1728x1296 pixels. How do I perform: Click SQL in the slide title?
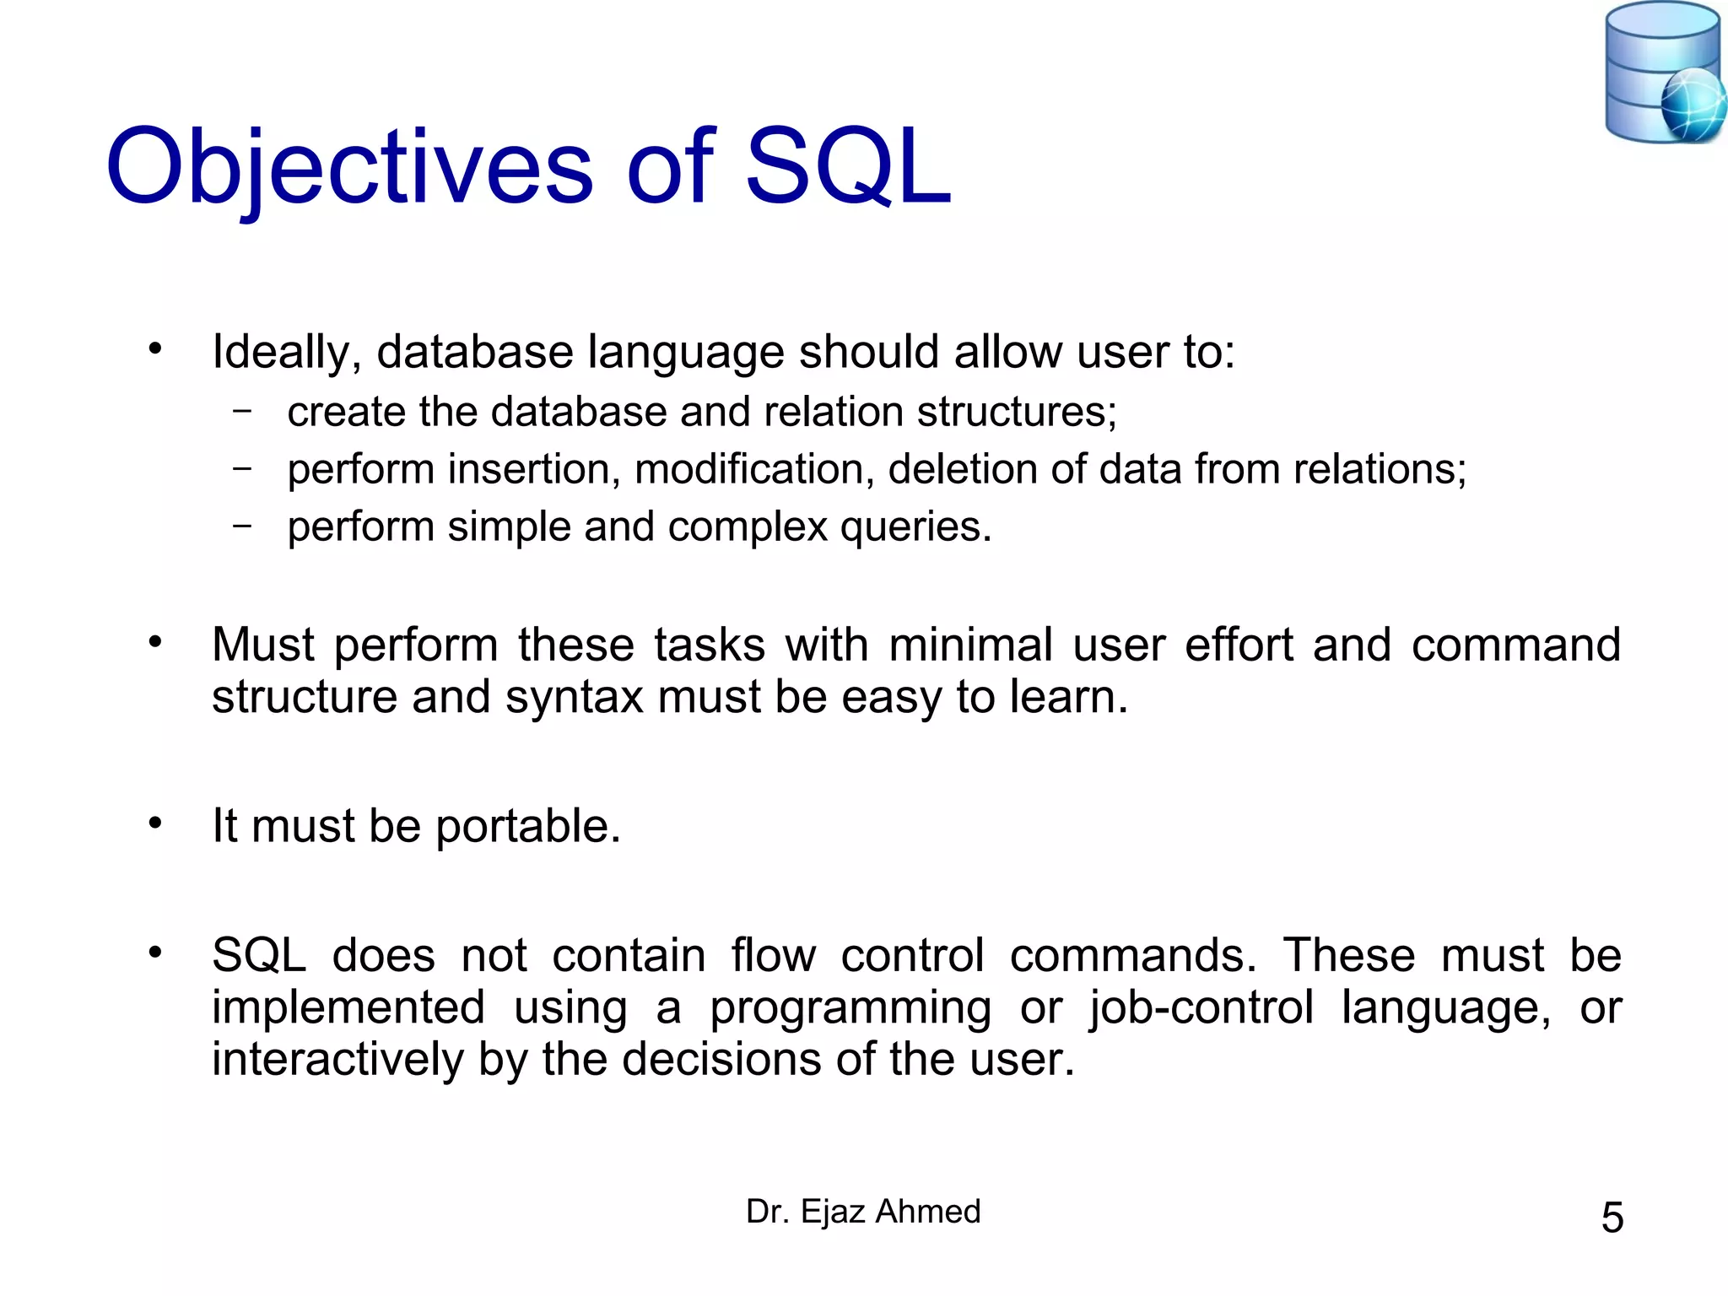(x=847, y=168)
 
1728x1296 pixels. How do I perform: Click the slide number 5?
(x=1612, y=1218)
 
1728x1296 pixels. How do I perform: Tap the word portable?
(x=528, y=827)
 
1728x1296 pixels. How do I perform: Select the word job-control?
(x=1201, y=1007)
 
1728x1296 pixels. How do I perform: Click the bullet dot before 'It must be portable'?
(x=154, y=823)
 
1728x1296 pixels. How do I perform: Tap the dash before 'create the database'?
(x=242, y=411)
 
